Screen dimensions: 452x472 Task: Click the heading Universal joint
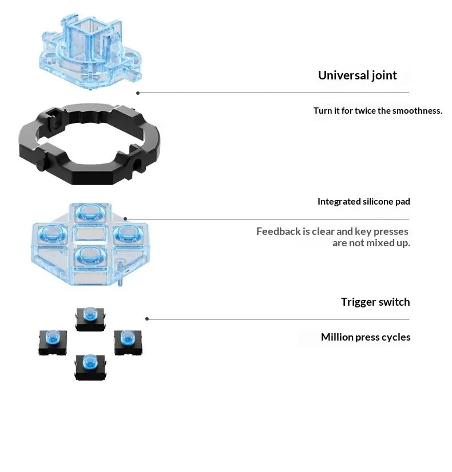coord(358,75)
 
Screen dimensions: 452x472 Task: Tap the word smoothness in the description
coord(417,111)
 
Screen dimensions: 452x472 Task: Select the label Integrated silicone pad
coord(364,202)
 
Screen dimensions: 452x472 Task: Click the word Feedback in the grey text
coord(279,231)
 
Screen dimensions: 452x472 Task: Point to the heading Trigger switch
coord(375,302)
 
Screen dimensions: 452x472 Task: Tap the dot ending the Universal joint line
coord(138,93)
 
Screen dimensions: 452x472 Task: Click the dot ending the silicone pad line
coord(125,219)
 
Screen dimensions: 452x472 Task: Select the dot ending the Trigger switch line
coord(147,319)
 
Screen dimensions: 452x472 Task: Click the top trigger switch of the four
coord(90,319)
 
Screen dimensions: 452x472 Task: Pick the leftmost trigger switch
coord(53,342)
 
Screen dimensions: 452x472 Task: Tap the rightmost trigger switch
coord(128,342)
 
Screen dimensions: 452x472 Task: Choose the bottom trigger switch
coord(90,367)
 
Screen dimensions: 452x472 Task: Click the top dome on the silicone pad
coord(89,211)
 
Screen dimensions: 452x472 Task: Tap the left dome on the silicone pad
coord(53,233)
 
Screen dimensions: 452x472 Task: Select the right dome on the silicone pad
coord(128,233)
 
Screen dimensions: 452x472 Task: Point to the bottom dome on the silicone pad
coord(89,254)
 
